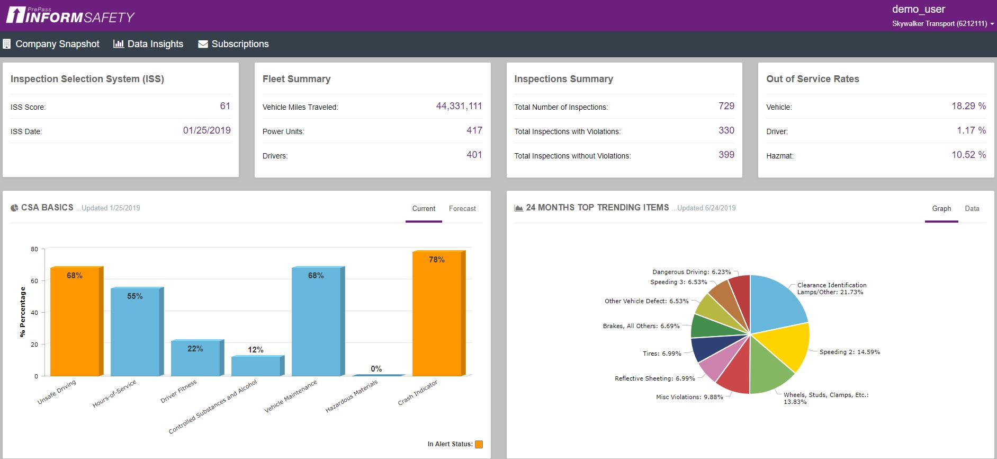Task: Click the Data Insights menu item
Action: tap(149, 44)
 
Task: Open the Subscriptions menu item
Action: tap(233, 44)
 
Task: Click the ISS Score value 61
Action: tap(225, 106)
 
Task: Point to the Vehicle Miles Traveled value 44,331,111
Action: tap(459, 106)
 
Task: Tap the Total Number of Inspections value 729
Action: tap(726, 106)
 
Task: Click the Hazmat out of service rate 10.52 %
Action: tap(968, 155)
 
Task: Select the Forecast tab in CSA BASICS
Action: tap(462, 209)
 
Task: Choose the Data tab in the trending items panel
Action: tap(972, 209)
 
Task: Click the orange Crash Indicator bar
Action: tap(437, 318)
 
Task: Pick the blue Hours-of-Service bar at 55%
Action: tap(135, 334)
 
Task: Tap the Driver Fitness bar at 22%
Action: tap(195, 360)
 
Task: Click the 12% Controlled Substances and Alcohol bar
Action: tap(256, 367)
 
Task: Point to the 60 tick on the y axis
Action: tap(34, 281)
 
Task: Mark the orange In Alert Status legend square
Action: tap(479, 444)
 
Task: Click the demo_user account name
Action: tap(918, 9)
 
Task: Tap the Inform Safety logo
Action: tap(70, 15)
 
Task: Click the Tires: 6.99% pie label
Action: tap(662, 354)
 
